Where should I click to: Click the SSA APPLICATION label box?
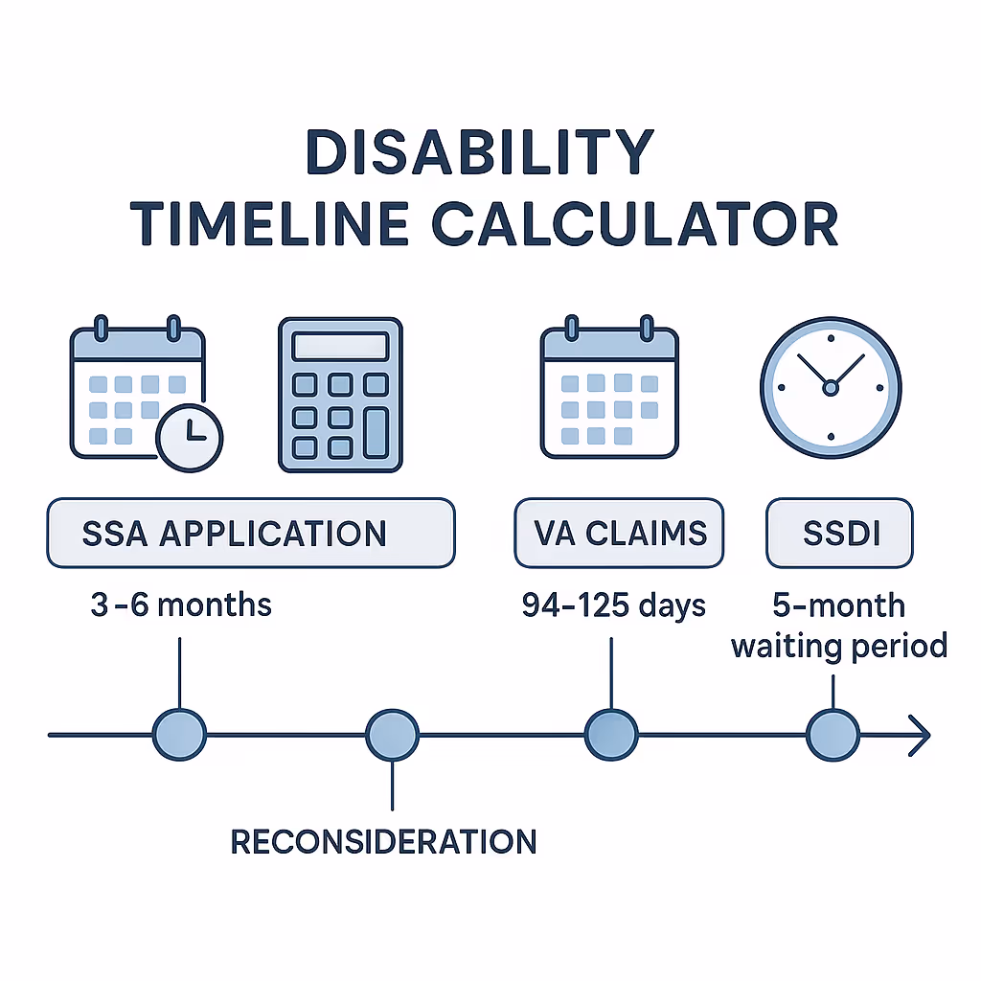click(250, 533)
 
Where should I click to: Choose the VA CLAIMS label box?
click(618, 533)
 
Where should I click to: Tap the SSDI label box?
click(839, 533)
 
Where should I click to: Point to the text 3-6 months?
click(181, 605)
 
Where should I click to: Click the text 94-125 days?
click(613, 605)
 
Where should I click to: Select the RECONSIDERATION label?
click(384, 841)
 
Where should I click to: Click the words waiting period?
click(839, 646)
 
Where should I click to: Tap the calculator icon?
click(340, 395)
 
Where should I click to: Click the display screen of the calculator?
click(340, 346)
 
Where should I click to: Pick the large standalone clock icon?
click(830, 387)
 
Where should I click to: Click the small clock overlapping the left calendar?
click(189, 437)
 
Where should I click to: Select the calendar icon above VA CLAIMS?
click(609, 393)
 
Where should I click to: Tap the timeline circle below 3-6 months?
click(179, 736)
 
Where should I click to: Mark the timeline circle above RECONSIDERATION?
click(393, 736)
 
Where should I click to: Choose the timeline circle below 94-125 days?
click(610, 736)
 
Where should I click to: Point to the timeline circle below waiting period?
click(833, 736)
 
